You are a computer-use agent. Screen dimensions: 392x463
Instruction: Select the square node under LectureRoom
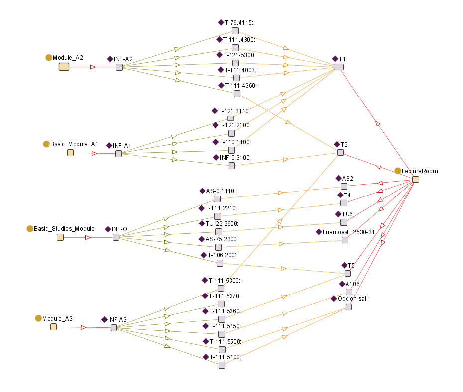[416, 179]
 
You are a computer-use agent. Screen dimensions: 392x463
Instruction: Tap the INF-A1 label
[121, 145]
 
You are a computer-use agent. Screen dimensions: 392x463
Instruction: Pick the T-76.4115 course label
[239, 22]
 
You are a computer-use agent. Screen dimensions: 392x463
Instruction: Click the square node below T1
[338, 67]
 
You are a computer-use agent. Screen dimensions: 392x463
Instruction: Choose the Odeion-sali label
[352, 298]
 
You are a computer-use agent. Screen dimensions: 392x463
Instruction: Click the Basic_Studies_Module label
[64, 229]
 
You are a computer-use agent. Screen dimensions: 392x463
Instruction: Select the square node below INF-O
[116, 237]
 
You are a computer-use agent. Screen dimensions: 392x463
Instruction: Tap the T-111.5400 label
[225, 357]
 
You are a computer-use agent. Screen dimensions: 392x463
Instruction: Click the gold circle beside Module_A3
[38, 318]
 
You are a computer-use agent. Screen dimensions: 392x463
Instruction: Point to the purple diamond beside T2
[337, 144]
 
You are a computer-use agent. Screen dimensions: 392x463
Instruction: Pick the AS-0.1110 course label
[221, 191]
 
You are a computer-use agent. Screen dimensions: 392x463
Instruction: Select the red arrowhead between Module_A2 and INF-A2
[93, 67]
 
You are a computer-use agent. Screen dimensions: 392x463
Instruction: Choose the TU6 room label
[347, 214]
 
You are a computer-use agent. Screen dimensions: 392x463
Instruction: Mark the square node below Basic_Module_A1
[70, 153]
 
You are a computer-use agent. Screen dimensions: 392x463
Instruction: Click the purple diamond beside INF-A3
[104, 319]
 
